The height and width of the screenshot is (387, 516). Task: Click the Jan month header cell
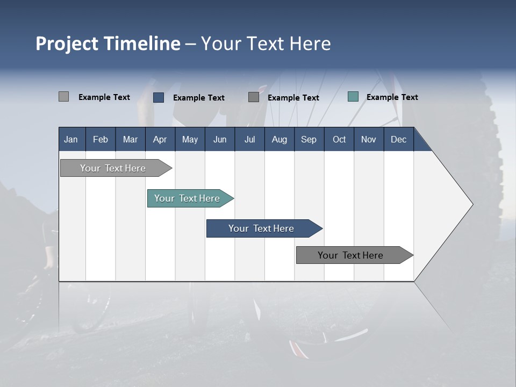click(x=71, y=139)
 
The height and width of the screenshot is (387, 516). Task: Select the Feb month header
click(x=101, y=139)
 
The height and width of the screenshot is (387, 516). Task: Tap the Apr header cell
click(x=160, y=139)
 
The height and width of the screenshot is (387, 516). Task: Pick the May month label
click(x=190, y=139)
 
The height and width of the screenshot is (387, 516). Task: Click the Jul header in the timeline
click(x=249, y=139)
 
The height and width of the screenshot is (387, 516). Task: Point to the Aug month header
click(x=279, y=139)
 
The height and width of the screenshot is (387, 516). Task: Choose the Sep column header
click(x=309, y=139)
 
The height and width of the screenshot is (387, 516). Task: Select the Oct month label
click(x=339, y=139)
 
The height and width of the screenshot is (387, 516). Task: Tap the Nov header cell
click(x=369, y=139)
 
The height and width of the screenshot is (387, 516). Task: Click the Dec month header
click(x=398, y=139)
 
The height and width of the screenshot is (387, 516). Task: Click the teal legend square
click(x=353, y=97)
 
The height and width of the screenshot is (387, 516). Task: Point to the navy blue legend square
click(x=159, y=97)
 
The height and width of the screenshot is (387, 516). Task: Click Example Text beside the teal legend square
click(x=392, y=97)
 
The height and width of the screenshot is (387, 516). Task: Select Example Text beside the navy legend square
click(x=198, y=98)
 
